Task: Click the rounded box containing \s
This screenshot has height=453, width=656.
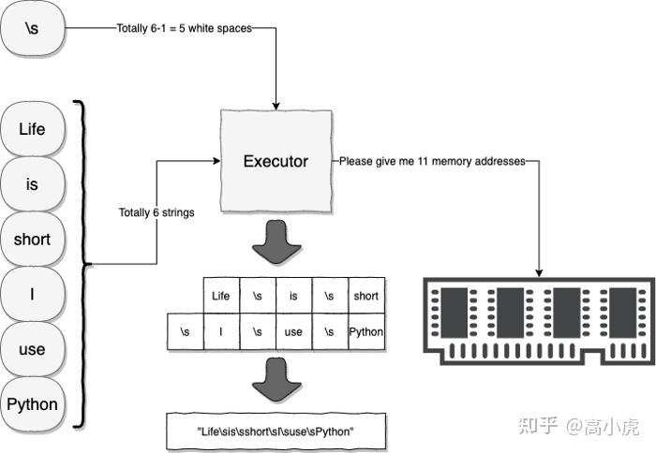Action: (x=32, y=30)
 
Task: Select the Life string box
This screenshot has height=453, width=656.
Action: (x=32, y=128)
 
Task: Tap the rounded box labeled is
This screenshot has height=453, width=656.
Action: (x=32, y=183)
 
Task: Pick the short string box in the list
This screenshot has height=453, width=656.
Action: (x=32, y=239)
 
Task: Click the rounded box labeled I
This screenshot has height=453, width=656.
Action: (x=32, y=294)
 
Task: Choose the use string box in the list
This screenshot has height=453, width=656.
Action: (x=32, y=349)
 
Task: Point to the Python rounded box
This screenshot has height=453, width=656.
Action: (x=32, y=404)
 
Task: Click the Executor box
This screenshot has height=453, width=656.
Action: (x=276, y=161)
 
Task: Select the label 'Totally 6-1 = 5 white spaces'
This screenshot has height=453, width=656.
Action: (x=184, y=29)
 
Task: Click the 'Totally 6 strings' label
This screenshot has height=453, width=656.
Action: (x=157, y=212)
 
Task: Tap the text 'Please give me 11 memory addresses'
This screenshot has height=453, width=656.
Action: (x=431, y=161)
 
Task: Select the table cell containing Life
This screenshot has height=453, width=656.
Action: (x=221, y=296)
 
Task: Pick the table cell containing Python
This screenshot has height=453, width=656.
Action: (x=365, y=332)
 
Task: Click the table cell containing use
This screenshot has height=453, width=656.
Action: (x=293, y=332)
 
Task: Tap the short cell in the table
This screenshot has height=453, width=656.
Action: (x=365, y=296)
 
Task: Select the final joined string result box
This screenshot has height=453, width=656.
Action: (x=276, y=430)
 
